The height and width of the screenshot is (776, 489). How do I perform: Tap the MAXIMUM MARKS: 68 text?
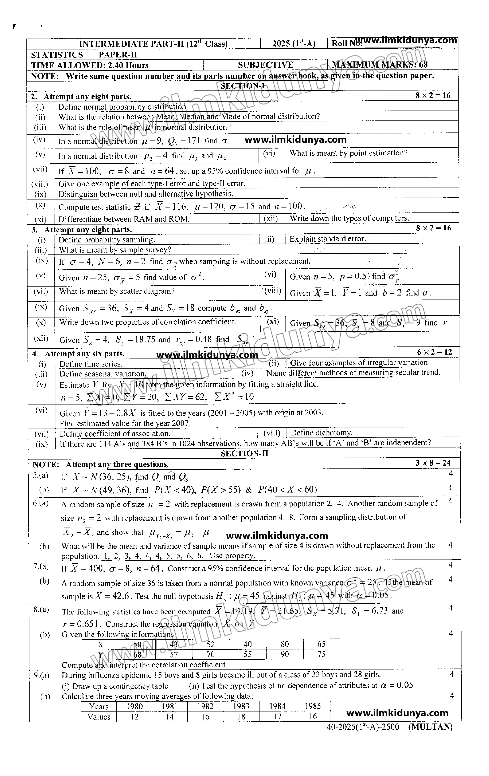tap(380, 65)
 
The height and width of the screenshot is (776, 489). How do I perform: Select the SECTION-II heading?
tap(244, 453)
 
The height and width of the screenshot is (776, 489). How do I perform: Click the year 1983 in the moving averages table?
tap(241, 706)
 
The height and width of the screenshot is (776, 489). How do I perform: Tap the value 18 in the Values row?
tap(241, 717)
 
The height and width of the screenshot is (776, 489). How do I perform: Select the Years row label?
tap(99, 706)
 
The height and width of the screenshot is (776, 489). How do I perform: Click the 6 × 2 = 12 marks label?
tap(434, 352)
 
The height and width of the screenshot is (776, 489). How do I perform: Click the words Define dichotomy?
tap(321, 432)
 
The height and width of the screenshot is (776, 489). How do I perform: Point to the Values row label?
tap(99, 717)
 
